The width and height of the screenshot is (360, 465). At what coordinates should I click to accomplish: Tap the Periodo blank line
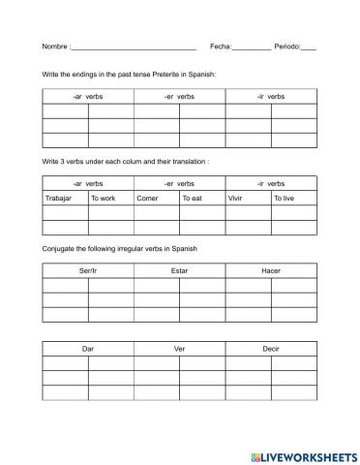point(309,47)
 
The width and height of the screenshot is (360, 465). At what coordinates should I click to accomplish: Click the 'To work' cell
point(110,199)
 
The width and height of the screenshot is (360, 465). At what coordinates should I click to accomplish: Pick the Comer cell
point(156,199)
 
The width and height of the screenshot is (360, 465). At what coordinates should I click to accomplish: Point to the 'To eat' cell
point(201,199)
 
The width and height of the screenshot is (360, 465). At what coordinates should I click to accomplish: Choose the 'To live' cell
point(293,199)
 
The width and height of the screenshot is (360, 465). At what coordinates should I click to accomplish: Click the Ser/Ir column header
point(87,271)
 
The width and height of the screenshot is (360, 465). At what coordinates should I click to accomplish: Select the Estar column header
point(179,271)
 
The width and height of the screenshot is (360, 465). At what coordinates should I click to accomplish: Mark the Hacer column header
point(271,271)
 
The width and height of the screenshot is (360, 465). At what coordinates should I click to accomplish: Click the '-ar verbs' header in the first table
point(87,96)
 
